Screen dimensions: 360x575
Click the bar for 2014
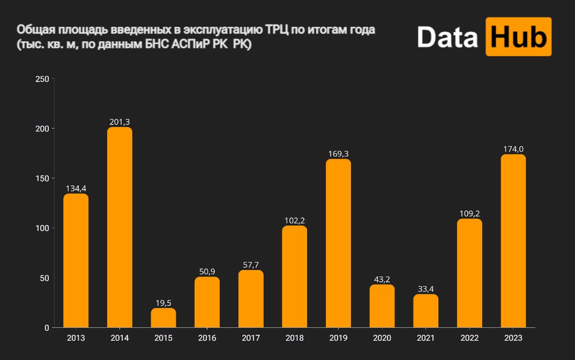120,227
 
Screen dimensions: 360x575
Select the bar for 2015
163,318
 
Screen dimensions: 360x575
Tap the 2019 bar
338,243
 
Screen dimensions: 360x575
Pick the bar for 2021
425,311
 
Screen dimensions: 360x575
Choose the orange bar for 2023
513,241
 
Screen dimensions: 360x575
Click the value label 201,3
119,122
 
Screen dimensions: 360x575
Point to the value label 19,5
163,303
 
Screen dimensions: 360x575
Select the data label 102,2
294,221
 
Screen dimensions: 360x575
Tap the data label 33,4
425,289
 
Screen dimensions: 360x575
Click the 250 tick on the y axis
42,79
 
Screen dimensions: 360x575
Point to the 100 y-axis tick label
42,228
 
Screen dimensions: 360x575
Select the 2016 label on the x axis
207,339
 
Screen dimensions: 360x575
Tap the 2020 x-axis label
382,339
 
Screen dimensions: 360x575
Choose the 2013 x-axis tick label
76,339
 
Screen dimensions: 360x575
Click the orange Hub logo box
518,36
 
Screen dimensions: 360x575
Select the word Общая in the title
33,30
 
